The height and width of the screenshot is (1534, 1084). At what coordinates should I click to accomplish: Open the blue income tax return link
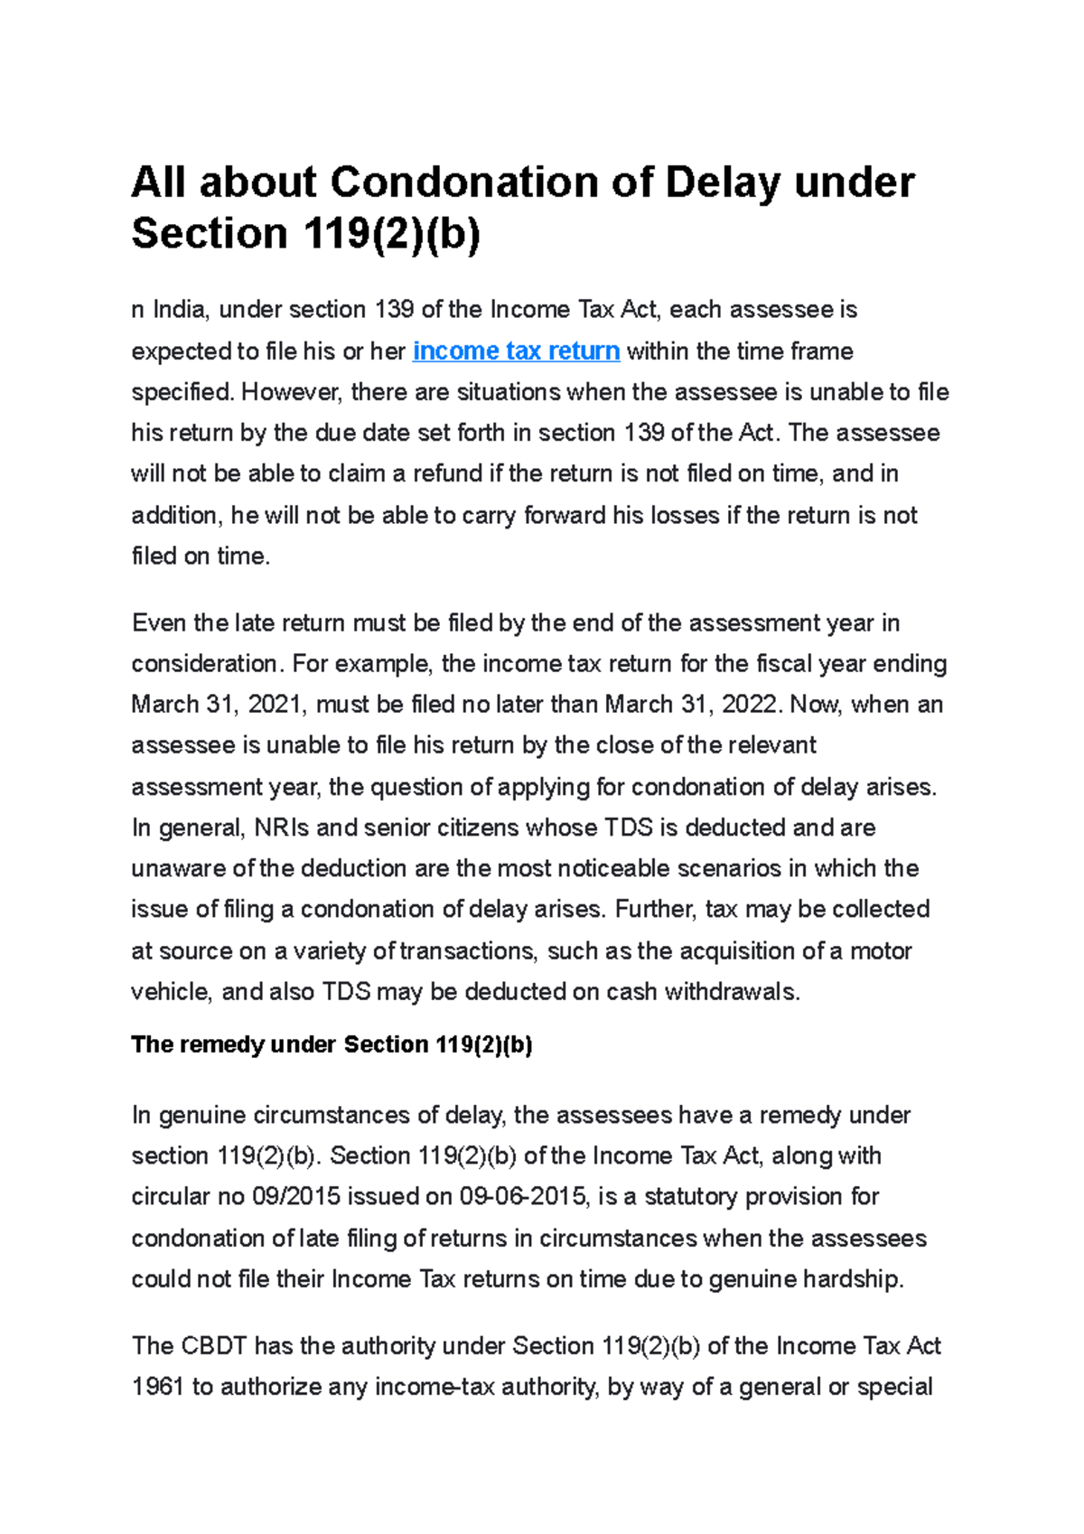(x=516, y=351)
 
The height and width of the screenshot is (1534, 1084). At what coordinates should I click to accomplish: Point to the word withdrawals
(x=732, y=991)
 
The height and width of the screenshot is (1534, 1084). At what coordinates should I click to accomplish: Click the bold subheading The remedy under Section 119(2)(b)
(x=332, y=1044)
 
